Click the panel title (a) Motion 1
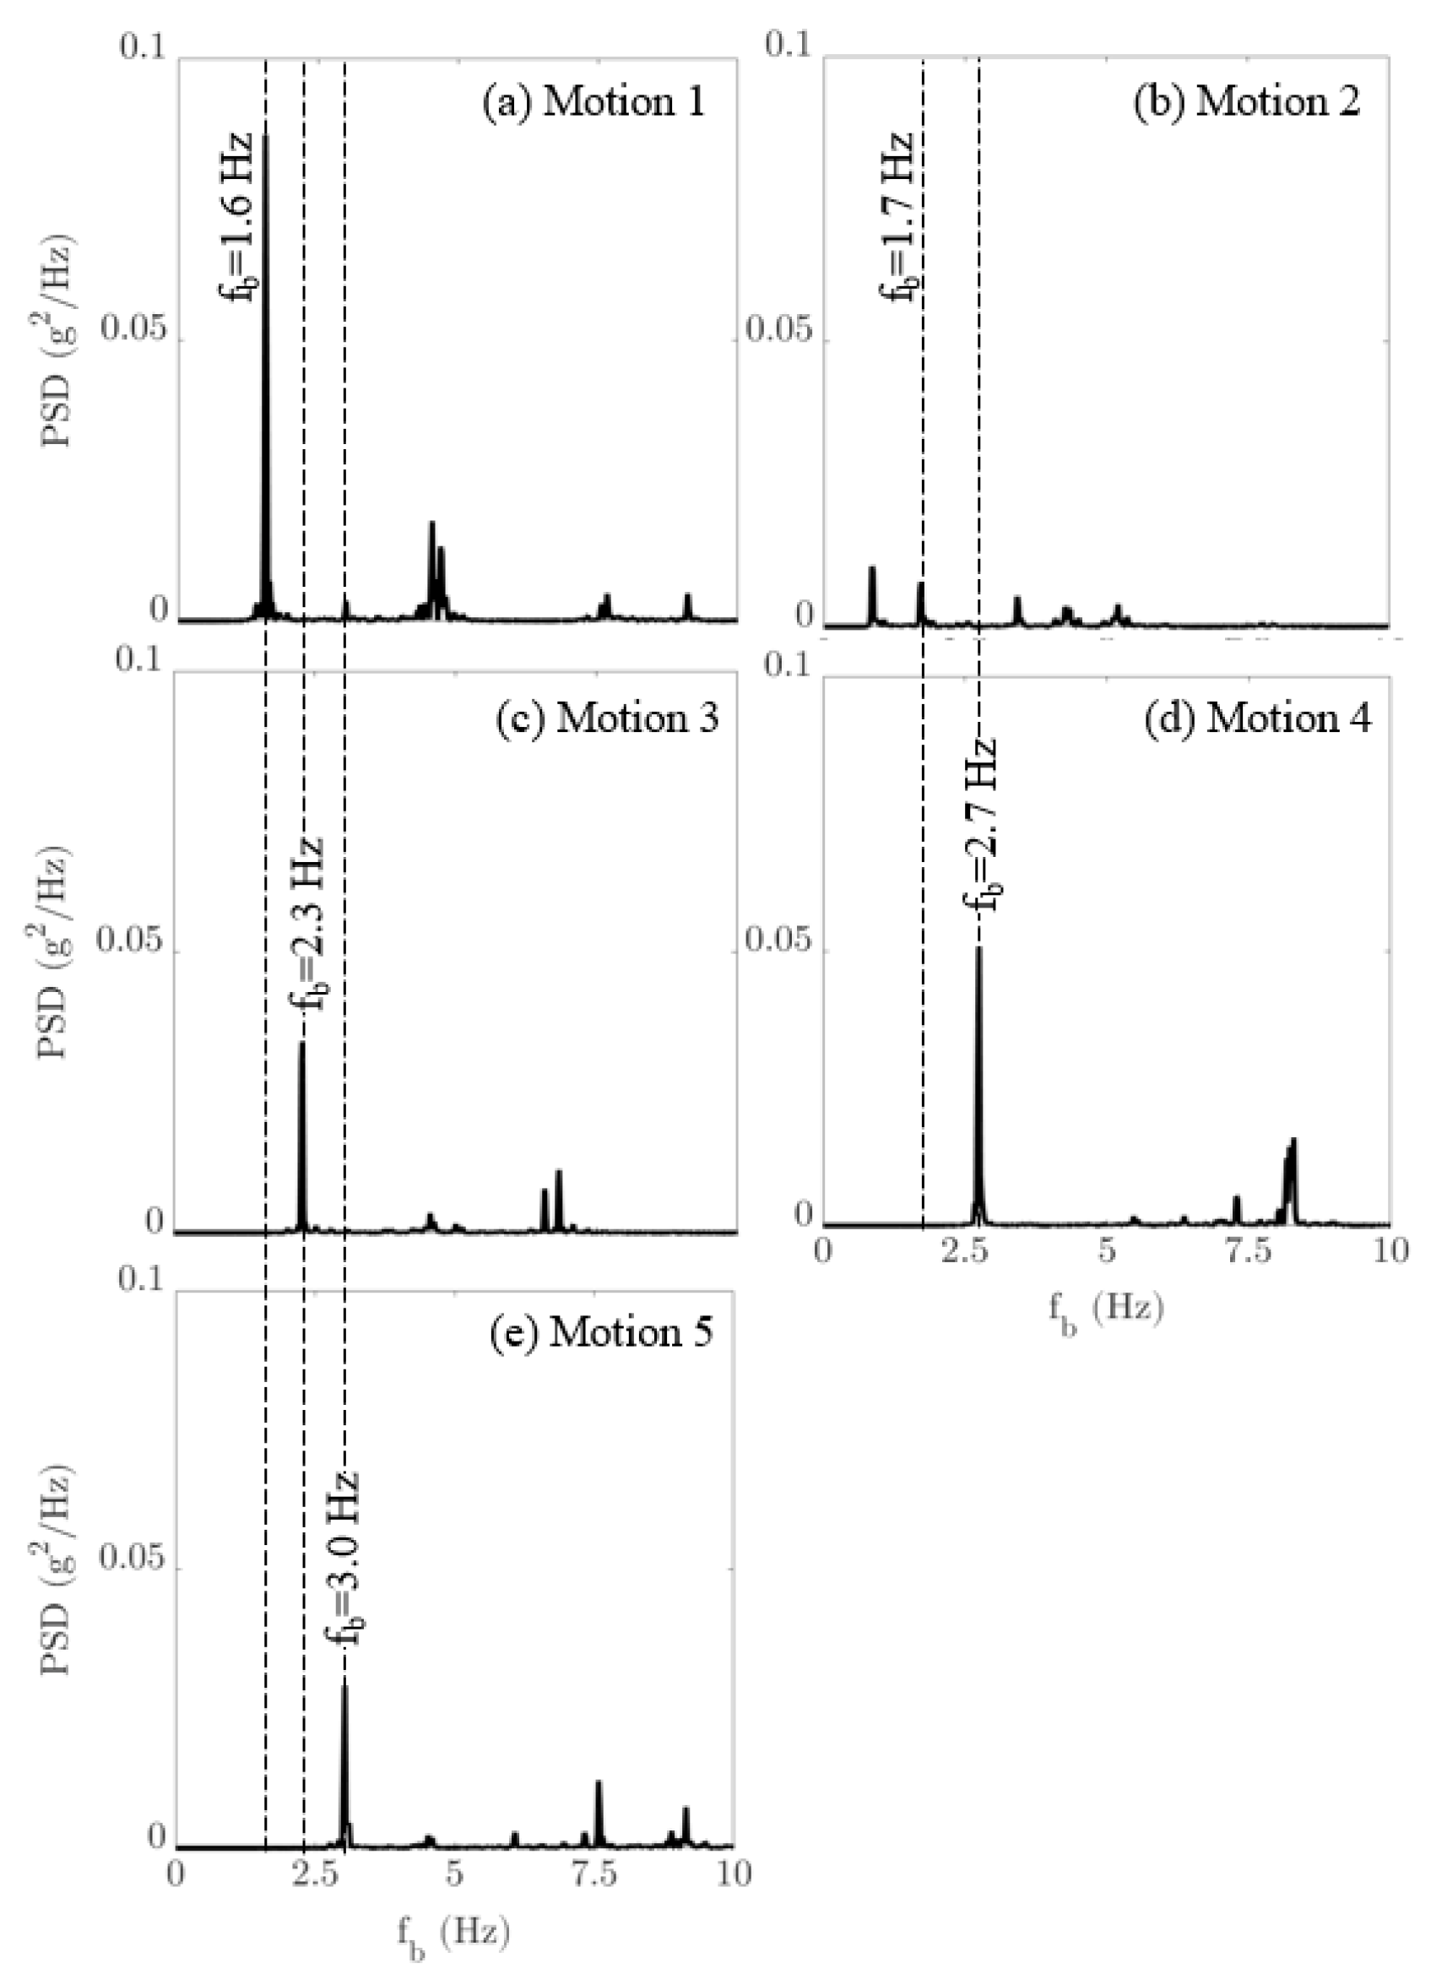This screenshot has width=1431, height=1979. point(594,103)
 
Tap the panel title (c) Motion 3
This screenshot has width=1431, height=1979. point(607,718)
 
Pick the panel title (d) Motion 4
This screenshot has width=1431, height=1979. point(1258,718)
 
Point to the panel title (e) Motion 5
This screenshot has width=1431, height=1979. point(602,1332)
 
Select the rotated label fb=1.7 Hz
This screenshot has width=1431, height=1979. point(897,215)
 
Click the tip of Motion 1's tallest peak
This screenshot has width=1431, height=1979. point(265,137)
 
